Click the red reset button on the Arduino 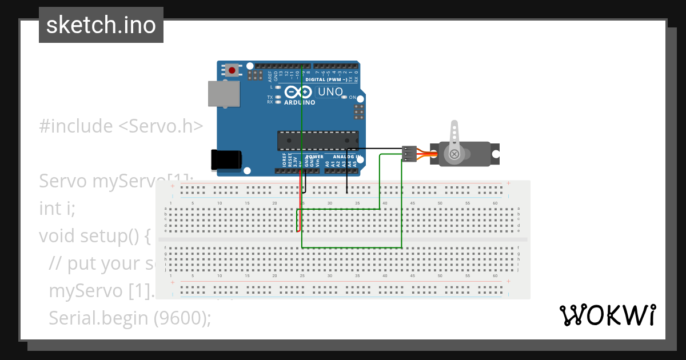[x=232, y=70]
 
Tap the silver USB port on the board [x=223, y=93]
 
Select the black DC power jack [x=225, y=160]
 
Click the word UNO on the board [x=330, y=91]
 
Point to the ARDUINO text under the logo [x=300, y=103]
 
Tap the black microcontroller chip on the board [x=318, y=140]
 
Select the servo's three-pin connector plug [x=408, y=154]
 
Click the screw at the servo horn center [x=454, y=154]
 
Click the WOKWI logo [x=607, y=315]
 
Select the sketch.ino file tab [x=101, y=25]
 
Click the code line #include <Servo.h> [x=121, y=126]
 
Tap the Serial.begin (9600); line [x=130, y=318]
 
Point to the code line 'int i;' [x=57, y=209]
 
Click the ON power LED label [x=353, y=98]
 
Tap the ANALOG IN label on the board [x=346, y=157]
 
